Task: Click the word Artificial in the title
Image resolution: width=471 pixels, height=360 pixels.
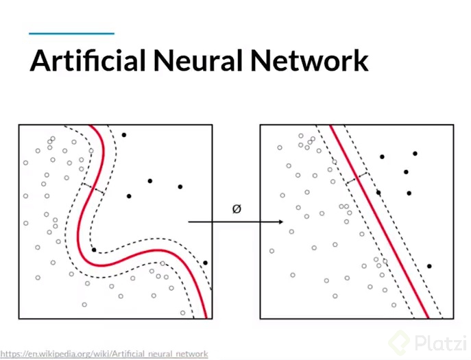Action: point(88,60)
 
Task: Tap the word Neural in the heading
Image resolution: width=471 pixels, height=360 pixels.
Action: point(199,60)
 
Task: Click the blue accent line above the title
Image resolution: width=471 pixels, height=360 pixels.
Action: point(71,33)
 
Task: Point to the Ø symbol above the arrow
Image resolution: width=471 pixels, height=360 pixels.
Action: point(237,209)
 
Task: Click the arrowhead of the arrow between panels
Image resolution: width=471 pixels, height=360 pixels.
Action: point(280,222)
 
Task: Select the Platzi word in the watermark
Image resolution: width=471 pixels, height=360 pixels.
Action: point(437,341)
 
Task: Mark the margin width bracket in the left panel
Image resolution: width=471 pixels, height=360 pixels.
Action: point(93,189)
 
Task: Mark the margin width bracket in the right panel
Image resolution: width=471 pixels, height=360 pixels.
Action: point(358,178)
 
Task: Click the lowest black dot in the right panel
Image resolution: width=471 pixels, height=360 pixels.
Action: point(429,266)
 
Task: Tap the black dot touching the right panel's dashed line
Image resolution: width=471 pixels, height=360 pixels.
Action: point(378,193)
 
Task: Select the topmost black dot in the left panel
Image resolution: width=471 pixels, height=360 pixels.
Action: point(124,135)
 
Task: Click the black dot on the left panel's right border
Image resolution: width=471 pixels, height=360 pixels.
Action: point(205,263)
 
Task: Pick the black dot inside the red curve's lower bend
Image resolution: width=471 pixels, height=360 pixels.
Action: point(94,250)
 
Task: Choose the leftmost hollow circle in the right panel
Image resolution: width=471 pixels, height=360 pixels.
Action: point(271,251)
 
